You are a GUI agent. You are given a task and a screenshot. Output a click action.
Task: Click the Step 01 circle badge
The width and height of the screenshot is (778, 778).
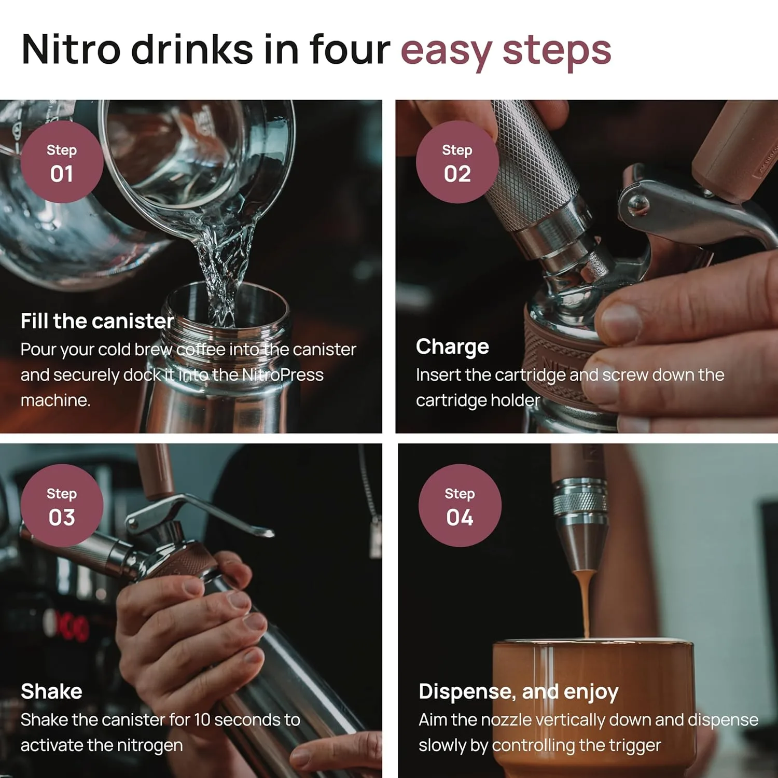pyautogui.click(x=62, y=162)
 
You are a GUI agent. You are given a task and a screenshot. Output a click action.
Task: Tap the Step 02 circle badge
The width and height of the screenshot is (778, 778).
pyautogui.click(x=457, y=162)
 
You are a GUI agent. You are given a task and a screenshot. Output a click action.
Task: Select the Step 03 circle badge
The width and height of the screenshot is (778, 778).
pyautogui.click(x=62, y=506)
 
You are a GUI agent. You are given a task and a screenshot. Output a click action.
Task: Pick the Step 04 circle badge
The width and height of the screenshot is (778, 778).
pyautogui.click(x=460, y=506)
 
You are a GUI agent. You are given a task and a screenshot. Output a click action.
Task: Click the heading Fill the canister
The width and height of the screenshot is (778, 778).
pyautogui.click(x=97, y=321)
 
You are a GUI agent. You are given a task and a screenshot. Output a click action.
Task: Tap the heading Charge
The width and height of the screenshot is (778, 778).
pyautogui.click(x=452, y=346)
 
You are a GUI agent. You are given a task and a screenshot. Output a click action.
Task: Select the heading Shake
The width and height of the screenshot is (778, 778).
pyautogui.click(x=51, y=691)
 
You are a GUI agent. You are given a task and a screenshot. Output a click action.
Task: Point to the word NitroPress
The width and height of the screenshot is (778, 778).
pyautogui.click(x=283, y=374)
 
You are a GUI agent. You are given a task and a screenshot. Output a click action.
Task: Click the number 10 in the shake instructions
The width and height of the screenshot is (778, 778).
pyautogui.click(x=202, y=720)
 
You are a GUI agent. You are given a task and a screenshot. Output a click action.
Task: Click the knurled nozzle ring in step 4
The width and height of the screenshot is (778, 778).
pyautogui.click(x=580, y=503)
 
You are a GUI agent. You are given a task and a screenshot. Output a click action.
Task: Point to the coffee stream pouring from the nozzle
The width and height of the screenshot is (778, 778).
pyautogui.click(x=585, y=602)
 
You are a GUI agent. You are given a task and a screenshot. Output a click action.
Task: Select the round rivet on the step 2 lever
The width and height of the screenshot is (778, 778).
pyautogui.click(x=637, y=204)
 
